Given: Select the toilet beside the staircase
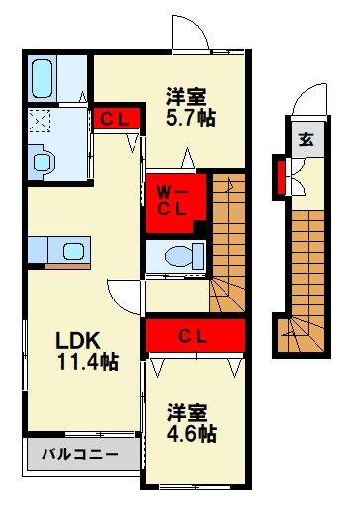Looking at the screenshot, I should [179, 256].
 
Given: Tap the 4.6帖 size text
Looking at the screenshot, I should [191, 434].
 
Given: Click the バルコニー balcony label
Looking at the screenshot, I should [79, 456].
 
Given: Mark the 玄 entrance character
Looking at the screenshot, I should [306, 139].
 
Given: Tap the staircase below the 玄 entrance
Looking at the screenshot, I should [308, 267].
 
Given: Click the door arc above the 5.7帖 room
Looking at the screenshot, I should [191, 35].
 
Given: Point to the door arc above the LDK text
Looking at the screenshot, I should [125, 294].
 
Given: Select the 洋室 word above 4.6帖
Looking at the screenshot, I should [185, 411].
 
